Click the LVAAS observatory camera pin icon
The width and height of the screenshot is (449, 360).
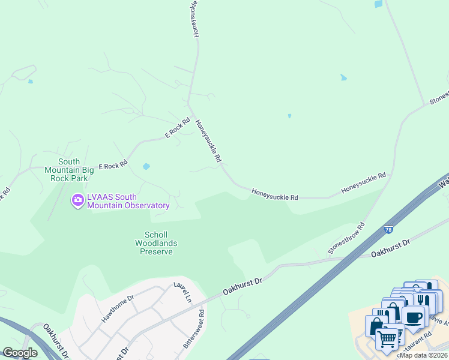tap(77, 200)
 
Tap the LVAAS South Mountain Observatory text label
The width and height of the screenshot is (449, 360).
tap(128, 201)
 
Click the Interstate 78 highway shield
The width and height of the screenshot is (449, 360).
tap(390, 229)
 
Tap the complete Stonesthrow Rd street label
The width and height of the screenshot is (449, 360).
tap(347, 239)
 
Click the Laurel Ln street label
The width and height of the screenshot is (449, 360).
tap(182, 292)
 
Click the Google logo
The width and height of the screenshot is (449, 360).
tap(20, 353)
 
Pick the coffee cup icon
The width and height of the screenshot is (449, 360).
tap(413, 316)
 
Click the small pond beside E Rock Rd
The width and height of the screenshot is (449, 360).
tap(146, 166)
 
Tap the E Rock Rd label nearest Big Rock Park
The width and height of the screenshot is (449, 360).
tap(113, 164)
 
